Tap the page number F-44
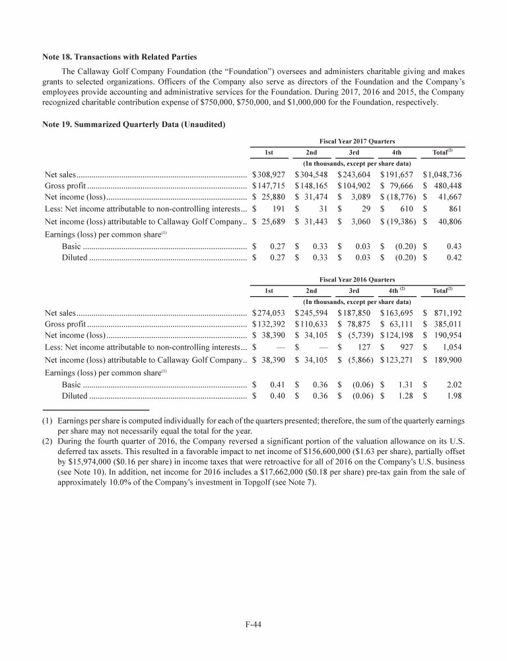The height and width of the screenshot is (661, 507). (x=253, y=622)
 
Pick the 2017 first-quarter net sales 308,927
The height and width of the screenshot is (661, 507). (x=268, y=175)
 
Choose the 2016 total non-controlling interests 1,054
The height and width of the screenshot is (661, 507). (x=451, y=349)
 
